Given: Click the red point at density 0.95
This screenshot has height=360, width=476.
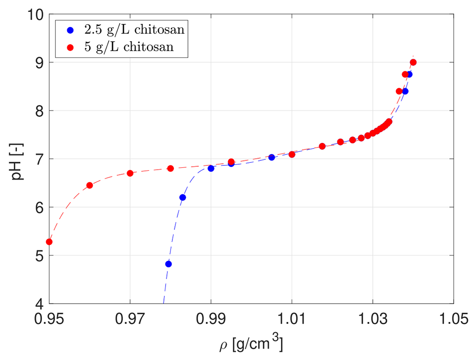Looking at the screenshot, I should click(49, 242).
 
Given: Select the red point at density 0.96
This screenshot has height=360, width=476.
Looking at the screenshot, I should click(90, 185).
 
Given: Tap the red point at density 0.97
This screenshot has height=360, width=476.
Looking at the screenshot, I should click(130, 173).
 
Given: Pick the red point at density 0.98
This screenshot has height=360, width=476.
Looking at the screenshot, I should click(170, 168).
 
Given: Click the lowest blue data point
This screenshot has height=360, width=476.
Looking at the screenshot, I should click(168, 264).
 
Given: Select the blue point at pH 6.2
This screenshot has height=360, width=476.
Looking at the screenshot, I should click(182, 197).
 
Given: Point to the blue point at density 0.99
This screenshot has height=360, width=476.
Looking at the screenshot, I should click(211, 168).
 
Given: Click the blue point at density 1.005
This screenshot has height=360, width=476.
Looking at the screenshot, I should click(272, 157).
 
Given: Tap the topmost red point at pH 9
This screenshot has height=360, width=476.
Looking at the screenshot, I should click(413, 62).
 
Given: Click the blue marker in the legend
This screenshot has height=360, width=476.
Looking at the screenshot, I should click(69, 29).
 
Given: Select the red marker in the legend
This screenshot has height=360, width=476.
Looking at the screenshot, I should click(69, 47).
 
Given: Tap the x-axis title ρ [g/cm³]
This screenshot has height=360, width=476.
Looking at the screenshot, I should click(251, 344).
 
